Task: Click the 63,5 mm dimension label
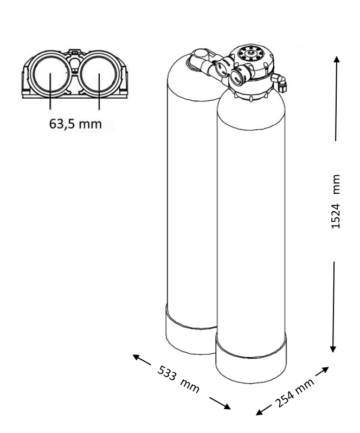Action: pos(75,124)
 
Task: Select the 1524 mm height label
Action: pos(336,201)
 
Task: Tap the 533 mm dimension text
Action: pos(178,379)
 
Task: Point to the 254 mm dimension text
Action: pos(295,393)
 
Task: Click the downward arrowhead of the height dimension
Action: pos(333,349)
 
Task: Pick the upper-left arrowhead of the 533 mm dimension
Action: pos(136,357)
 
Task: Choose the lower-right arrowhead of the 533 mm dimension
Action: pos(227,406)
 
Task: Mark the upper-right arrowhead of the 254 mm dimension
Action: pos(325,370)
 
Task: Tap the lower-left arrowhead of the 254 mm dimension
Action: pos(260,412)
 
